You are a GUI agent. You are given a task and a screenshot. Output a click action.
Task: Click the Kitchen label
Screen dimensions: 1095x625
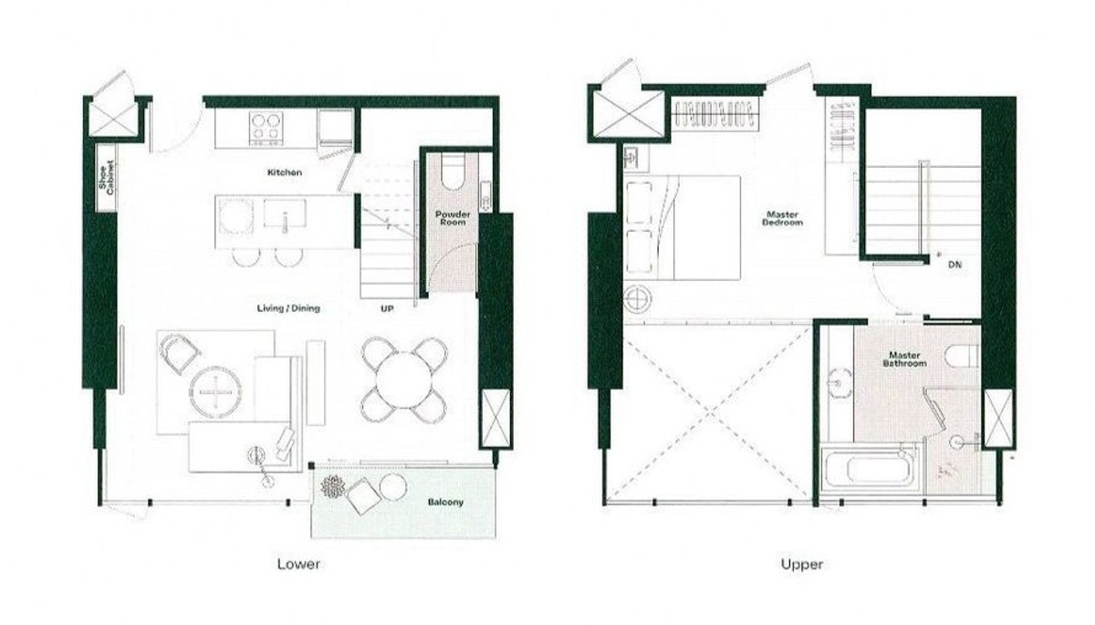pos(285,172)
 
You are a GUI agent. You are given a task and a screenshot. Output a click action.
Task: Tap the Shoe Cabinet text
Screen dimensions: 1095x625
pos(107,177)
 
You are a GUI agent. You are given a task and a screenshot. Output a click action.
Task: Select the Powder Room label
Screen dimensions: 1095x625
pos(453,218)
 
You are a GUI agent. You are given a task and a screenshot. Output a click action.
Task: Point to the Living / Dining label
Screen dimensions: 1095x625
pos(288,308)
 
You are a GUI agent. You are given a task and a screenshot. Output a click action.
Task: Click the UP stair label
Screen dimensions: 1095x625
pos(387,308)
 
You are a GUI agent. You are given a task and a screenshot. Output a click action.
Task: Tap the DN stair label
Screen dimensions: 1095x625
pos(954,265)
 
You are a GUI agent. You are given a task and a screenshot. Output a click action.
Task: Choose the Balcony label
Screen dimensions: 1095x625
pos(445,502)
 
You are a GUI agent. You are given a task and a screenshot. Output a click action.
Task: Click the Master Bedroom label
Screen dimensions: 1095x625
pos(782,218)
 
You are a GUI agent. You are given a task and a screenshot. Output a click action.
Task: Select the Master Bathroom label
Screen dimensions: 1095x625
pos(904,359)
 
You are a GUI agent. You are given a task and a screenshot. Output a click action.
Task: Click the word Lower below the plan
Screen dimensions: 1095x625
pos(298,564)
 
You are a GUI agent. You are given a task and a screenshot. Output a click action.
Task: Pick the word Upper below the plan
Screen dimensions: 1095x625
pos(802,565)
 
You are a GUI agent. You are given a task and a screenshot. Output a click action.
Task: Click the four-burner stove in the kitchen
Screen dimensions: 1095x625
pos(266,128)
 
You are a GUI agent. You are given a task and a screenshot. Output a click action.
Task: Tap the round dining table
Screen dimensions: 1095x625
pos(404,380)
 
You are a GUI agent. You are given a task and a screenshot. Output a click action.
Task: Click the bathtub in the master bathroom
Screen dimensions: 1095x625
pos(870,469)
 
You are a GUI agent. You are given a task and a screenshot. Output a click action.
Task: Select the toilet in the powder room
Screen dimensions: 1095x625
pos(453,172)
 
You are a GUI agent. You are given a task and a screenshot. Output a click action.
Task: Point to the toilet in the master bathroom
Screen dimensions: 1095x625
pos(962,356)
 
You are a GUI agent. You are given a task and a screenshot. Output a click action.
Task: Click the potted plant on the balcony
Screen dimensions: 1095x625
pos(333,486)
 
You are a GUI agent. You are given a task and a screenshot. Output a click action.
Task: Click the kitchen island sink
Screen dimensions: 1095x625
pos(285,214)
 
